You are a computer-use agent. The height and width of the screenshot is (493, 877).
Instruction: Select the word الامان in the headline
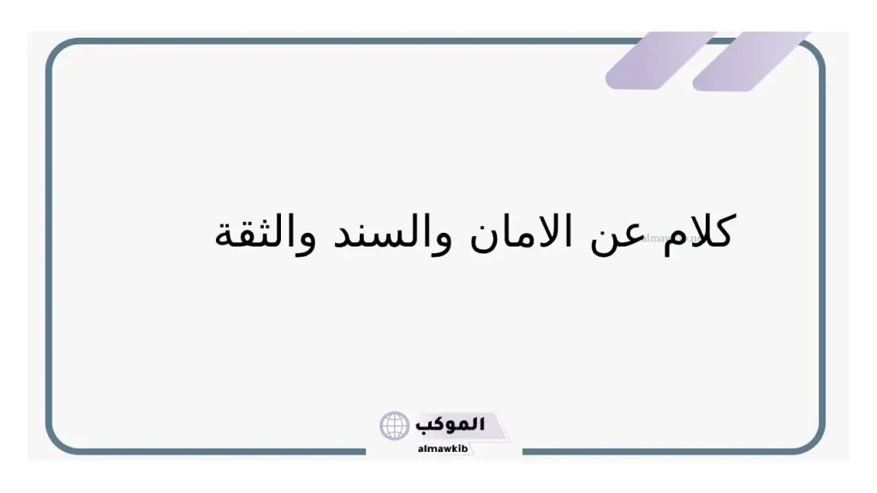(520, 233)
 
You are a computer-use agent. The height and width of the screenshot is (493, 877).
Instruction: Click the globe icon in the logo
(395, 425)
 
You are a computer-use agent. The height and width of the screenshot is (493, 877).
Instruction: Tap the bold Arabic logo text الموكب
(450, 424)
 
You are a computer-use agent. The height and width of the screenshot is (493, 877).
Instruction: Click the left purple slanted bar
(659, 61)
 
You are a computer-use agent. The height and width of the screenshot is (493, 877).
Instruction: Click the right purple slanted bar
(750, 61)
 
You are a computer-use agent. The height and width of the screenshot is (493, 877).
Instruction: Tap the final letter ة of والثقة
(224, 238)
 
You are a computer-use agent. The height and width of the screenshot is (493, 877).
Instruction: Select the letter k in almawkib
(456, 448)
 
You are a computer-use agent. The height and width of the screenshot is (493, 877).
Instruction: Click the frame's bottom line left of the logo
(214, 451)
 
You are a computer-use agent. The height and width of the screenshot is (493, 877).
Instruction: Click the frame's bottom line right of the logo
(668, 451)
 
